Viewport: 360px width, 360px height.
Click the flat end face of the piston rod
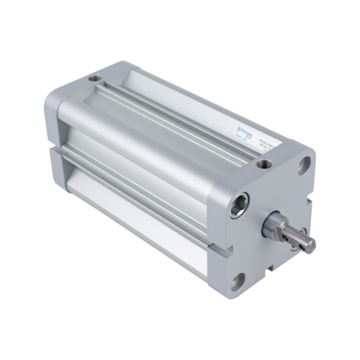[x=311, y=245]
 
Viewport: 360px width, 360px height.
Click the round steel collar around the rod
[x=277, y=228]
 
